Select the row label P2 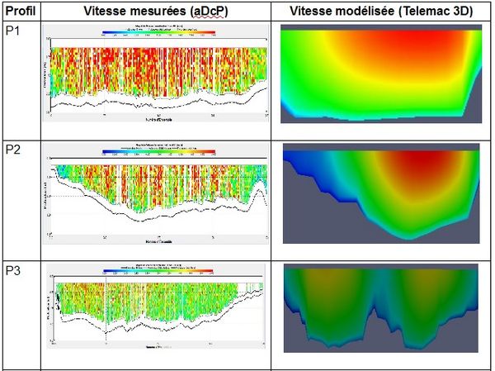[12, 150]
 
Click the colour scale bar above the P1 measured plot [158, 34]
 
